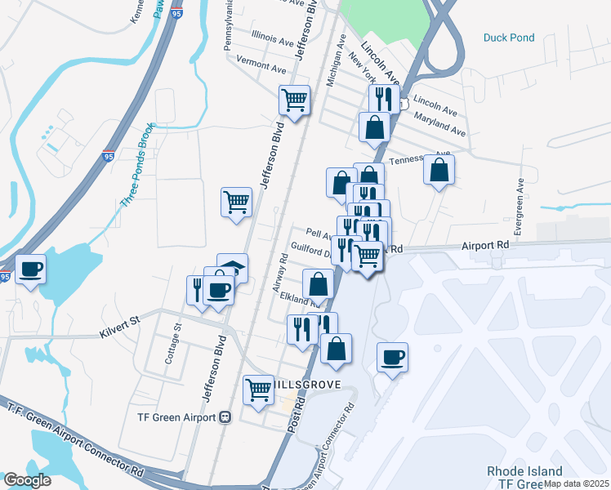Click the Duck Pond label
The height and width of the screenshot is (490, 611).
point(508,38)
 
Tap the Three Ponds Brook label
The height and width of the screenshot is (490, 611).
point(135,166)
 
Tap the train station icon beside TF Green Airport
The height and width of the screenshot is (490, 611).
point(225,416)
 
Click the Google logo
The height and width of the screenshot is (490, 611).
point(26,480)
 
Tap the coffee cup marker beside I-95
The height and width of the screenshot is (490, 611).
point(31,269)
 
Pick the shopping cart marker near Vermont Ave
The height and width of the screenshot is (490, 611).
point(294,100)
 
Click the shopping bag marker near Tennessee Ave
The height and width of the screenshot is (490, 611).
point(439,170)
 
